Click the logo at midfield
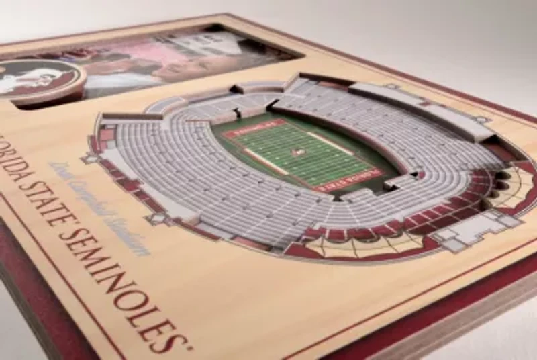click(x=297, y=152)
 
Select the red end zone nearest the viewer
click(x=348, y=180)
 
